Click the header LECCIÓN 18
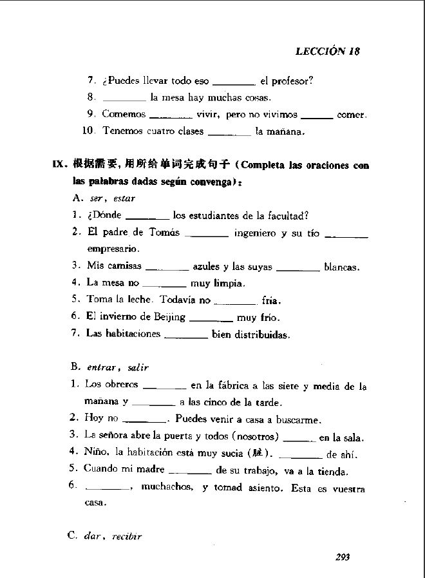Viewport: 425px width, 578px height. point(327,52)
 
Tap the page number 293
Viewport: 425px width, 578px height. point(342,557)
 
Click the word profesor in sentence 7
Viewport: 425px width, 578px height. point(293,81)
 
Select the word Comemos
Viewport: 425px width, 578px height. point(124,115)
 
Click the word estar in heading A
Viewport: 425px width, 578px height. point(124,198)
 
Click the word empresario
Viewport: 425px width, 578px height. point(113,249)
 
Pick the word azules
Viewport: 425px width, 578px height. point(207,266)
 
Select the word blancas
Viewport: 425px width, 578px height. point(341,266)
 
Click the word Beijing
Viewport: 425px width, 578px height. point(170,316)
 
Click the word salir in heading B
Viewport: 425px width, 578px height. point(138,368)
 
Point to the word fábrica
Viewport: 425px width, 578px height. point(231,386)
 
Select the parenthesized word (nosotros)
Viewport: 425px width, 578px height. point(254,436)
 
